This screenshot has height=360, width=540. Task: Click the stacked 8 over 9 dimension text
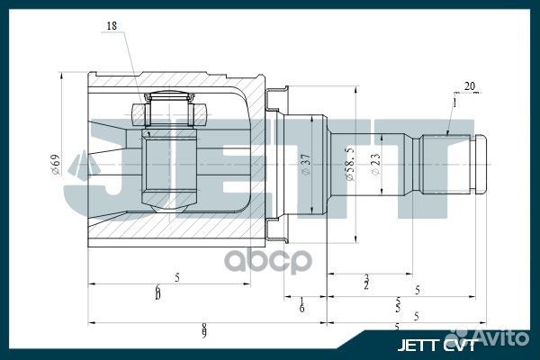tap(205, 328)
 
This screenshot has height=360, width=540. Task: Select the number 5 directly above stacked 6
tap(177, 278)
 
